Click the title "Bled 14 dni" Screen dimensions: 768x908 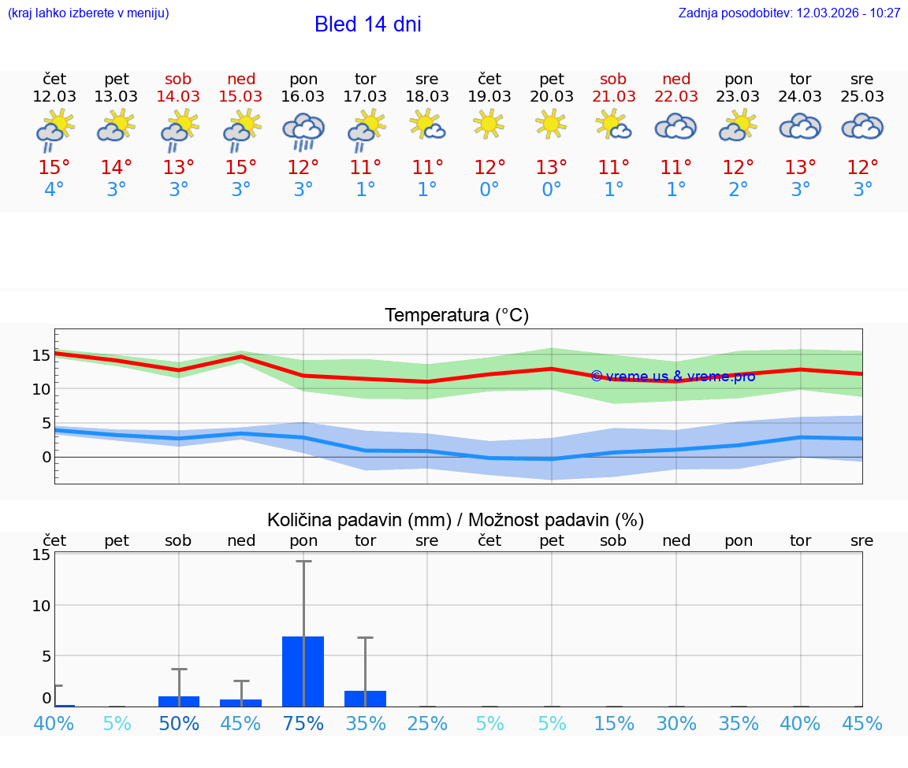(367, 24)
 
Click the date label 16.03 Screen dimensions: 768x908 (303, 96)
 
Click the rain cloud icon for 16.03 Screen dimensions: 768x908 (303, 130)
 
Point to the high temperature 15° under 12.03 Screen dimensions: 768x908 (54, 168)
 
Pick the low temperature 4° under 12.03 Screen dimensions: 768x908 (54, 190)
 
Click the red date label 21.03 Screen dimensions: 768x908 (613, 96)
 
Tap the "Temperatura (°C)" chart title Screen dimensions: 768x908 (456, 316)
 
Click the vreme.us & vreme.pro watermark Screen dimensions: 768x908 (673, 377)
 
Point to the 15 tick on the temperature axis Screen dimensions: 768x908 (41, 355)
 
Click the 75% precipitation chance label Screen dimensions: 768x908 (303, 724)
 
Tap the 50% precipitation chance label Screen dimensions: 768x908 (179, 724)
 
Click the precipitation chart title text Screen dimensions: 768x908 (456, 520)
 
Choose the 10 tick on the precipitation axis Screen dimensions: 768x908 (41, 605)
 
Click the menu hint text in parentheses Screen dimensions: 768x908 (88, 13)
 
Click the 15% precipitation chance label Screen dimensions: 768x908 (614, 724)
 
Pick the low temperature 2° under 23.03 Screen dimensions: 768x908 (739, 190)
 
